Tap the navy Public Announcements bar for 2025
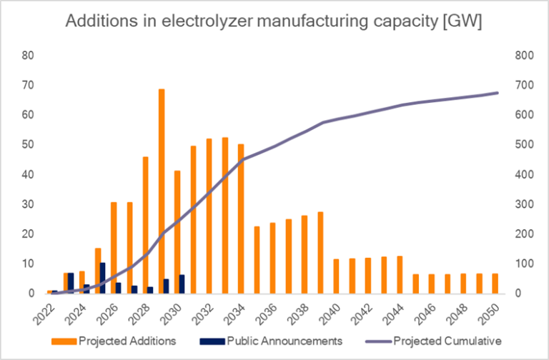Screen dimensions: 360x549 tap(103, 278)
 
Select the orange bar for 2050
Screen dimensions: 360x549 tap(495, 283)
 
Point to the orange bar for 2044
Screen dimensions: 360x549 tap(400, 274)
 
